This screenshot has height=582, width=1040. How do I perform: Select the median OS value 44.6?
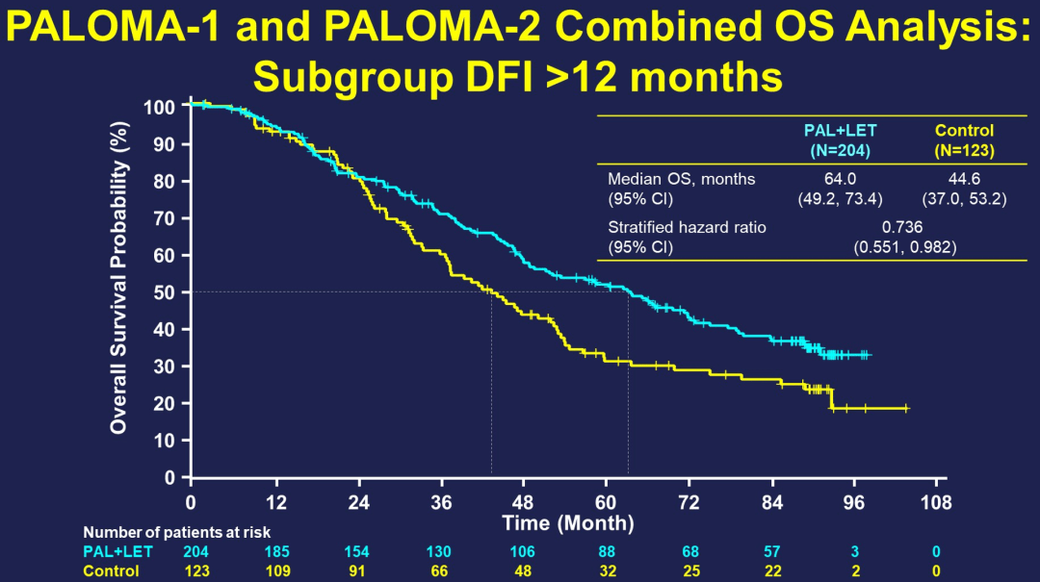click(964, 179)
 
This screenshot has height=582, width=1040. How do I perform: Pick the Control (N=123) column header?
click(964, 140)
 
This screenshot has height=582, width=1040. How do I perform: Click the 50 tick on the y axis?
click(166, 291)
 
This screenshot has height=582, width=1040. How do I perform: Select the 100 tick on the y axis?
click(161, 106)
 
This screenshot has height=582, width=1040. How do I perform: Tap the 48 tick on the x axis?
click(523, 502)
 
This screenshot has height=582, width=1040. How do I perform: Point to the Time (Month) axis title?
click(567, 523)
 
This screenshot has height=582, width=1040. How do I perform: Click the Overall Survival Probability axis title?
click(119, 277)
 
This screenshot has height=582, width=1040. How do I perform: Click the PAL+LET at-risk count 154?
click(359, 551)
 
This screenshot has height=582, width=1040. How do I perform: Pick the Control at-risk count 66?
click(442, 570)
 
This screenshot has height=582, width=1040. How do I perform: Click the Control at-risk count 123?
click(195, 570)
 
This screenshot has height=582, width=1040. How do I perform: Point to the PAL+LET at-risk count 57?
click(771, 551)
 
